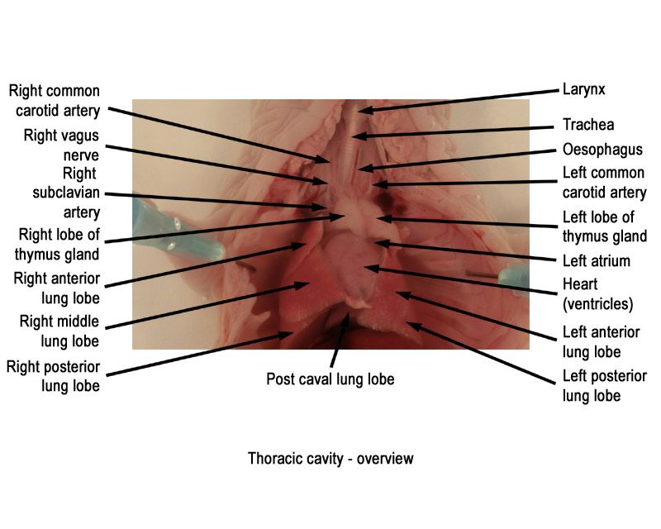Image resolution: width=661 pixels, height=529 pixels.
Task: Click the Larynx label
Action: pos(584,90)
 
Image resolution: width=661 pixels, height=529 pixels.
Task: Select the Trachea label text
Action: pos(588,125)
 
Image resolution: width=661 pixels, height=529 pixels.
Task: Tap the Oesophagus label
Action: pos(602,150)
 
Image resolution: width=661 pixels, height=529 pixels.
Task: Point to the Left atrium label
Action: pos(596,261)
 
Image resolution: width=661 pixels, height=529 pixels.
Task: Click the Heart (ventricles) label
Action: pos(597,294)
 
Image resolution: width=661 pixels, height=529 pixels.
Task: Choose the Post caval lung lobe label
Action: pos(330,379)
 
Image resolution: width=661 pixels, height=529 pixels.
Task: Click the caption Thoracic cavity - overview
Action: pos(330,459)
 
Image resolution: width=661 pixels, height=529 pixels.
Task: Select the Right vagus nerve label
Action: pos(61,145)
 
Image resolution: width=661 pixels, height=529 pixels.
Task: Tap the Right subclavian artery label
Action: pos(66,193)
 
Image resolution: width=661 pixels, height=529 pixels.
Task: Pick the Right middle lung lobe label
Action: pos(59,331)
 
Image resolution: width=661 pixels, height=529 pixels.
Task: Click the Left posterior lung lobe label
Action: pos(605,386)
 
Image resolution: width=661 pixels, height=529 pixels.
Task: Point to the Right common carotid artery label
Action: pos(55,101)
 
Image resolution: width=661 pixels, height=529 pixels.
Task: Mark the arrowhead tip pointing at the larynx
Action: pos(359,111)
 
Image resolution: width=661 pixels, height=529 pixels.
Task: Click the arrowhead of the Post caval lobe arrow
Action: pos(347,313)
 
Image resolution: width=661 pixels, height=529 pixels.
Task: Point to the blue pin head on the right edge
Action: pos(514,279)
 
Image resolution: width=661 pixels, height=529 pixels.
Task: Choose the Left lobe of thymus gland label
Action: pos(605,226)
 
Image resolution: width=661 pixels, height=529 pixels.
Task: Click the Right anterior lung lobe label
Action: pos(57,288)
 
